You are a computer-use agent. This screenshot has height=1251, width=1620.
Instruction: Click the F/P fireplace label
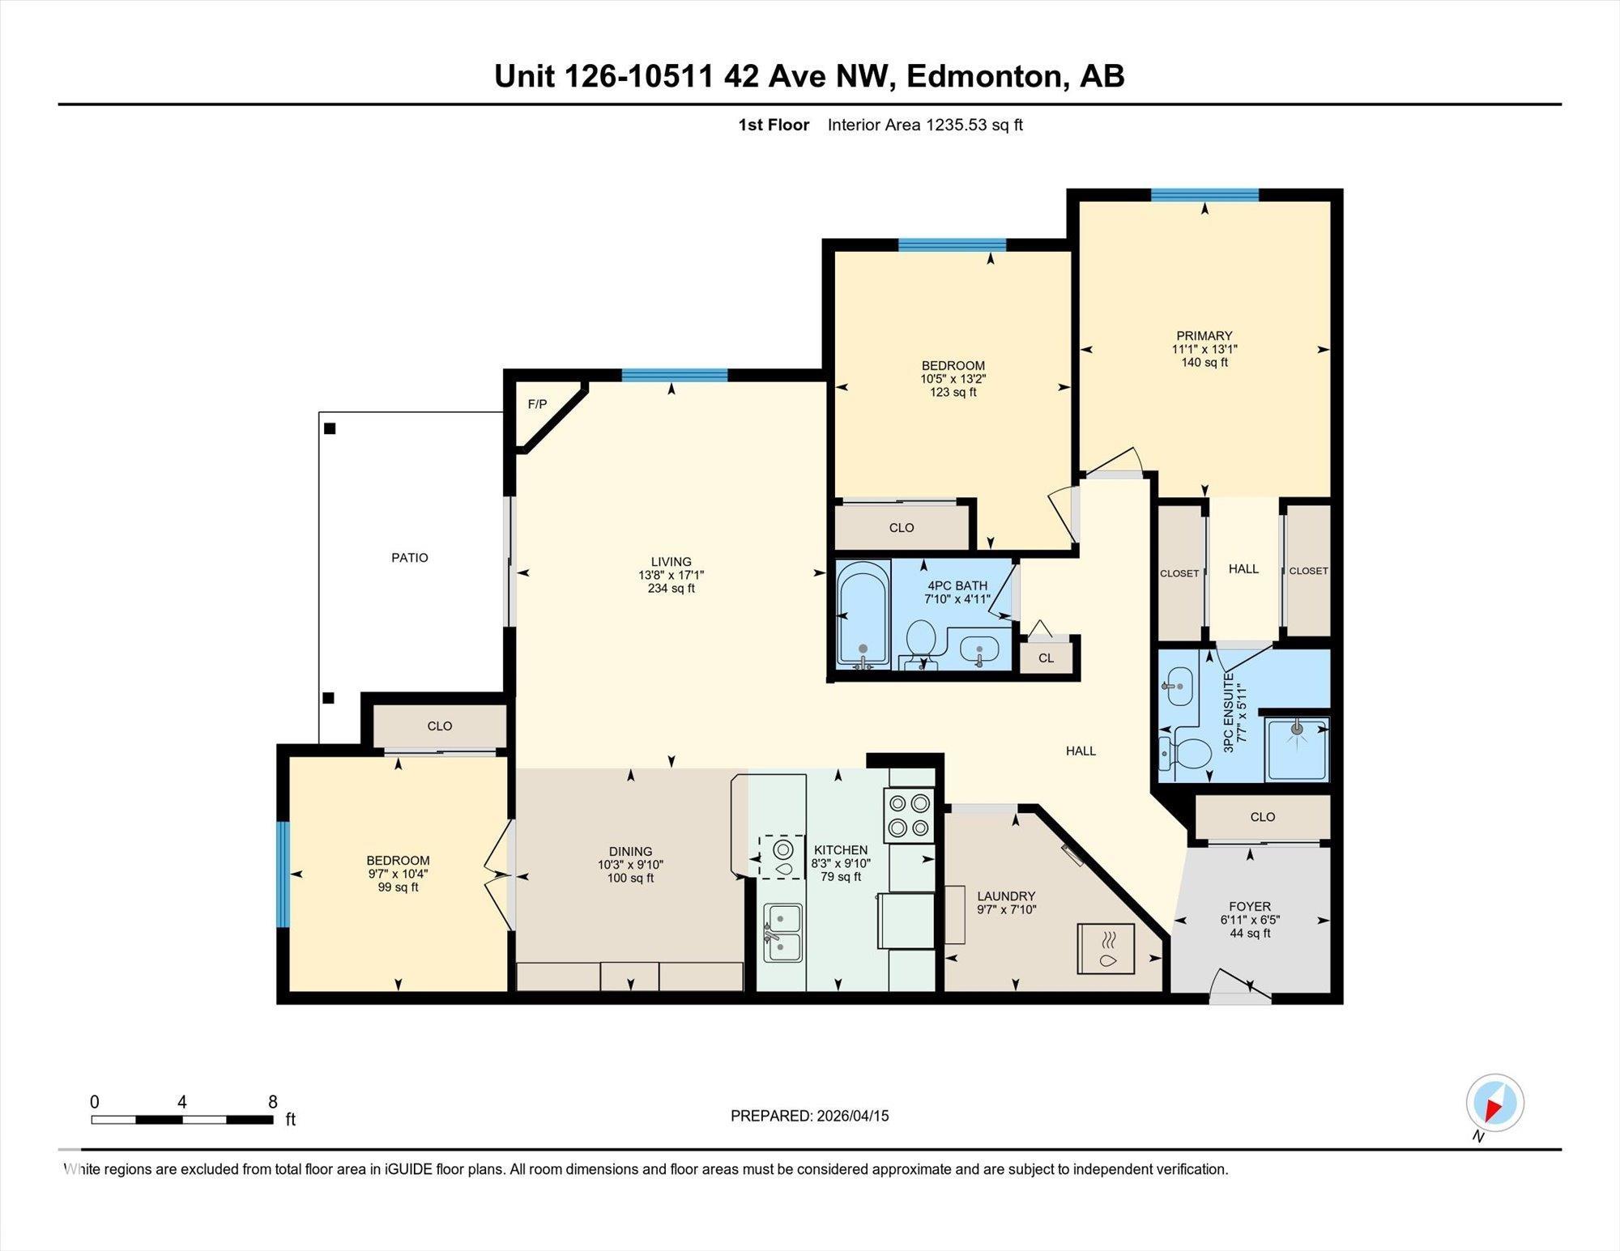point(537,404)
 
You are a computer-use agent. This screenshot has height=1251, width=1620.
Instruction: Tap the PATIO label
point(409,557)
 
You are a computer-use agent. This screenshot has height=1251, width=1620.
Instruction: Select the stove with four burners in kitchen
point(909,815)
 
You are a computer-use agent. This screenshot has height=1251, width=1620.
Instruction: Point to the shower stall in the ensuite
point(1297,749)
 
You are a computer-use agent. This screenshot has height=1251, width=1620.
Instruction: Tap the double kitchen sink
point(782,932)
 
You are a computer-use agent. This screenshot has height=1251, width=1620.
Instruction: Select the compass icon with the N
point(1494,1103)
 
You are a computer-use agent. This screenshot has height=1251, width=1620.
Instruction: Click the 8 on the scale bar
point(273,1102)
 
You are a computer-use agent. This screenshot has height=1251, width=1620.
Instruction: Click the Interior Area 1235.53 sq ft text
point(925,125)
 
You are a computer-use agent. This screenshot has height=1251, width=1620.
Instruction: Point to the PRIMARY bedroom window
point(1204,195)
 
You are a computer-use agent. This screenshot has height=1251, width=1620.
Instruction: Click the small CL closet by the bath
point(1046,657)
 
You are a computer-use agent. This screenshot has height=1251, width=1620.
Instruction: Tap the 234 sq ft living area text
point(671,589)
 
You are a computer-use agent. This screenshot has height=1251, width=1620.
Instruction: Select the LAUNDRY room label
point(1006,896)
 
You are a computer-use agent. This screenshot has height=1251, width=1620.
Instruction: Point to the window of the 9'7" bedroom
point(283,874)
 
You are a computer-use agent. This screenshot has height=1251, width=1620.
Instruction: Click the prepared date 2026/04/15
point(852,1116)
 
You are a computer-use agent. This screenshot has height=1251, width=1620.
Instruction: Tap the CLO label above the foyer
point(1262,817)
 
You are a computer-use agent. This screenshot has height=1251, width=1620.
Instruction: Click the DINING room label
point(630,851)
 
